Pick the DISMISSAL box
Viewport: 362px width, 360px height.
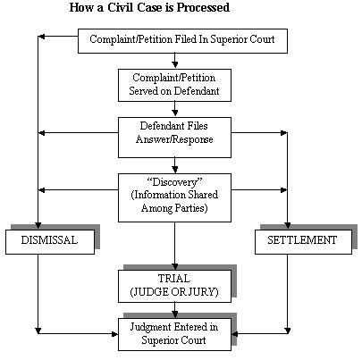(49, 240)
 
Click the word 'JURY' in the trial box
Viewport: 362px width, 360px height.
(202, 292)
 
